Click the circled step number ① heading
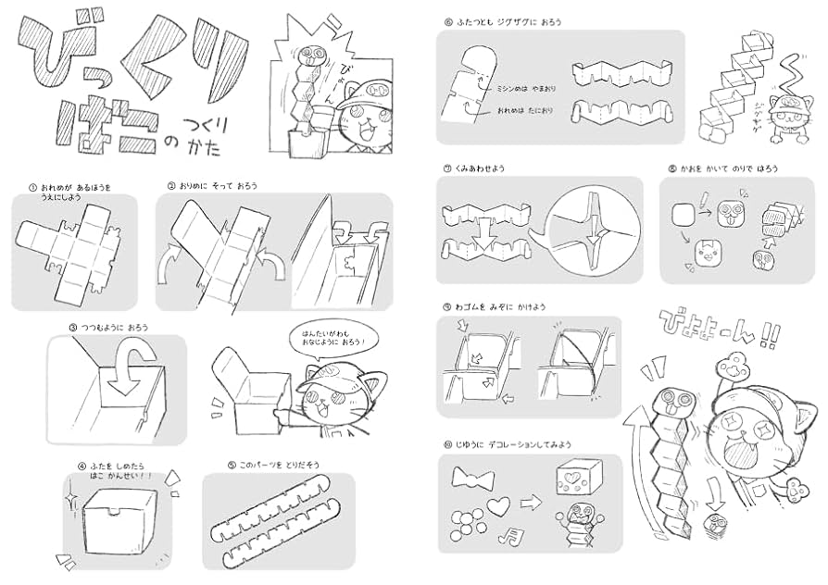coord(32,187)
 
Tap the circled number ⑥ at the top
coord(447,20)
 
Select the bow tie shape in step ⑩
coord(470,479)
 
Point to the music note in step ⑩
coord(506,535)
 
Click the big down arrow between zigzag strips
coord(483,229)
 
